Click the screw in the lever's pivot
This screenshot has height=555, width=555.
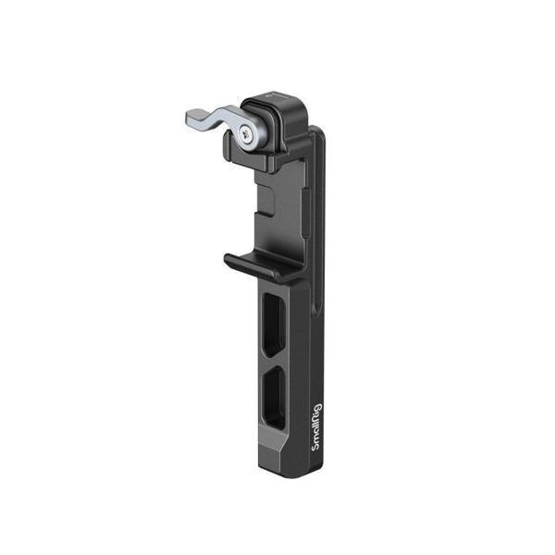(x=245, y=136)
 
